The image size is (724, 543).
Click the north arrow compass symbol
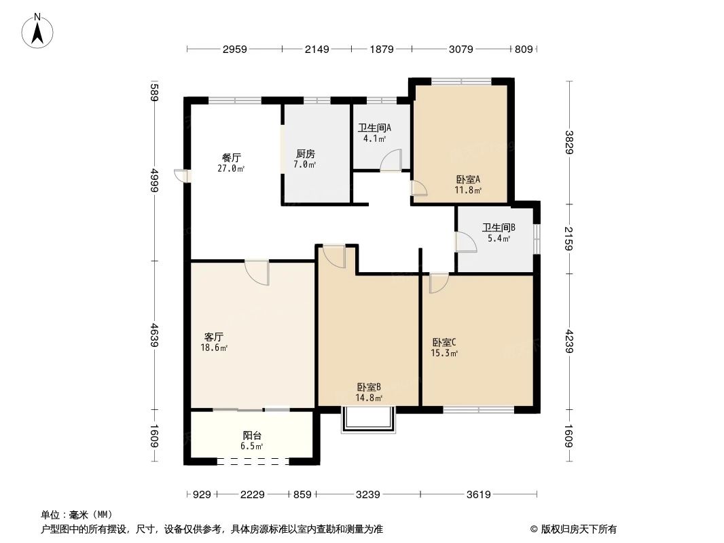(x=37, y=31)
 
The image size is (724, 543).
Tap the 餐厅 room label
(x=232, y=157)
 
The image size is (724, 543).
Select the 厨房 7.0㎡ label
(x=305, y=159)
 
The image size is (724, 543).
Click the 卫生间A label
(x=374, y=128)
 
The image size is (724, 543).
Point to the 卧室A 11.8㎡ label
(x=468, y=185)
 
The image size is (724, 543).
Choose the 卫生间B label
(x=499, y=227)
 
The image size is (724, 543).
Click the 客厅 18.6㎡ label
(x=214, y=342)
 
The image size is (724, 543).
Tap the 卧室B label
(x=369, y=387)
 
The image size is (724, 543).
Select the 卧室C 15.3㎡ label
(x=444, y=348)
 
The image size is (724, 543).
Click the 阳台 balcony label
(x=252, y=435)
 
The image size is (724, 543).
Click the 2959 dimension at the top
(x=234, y=49)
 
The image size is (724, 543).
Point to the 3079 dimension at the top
(x=460, y=49)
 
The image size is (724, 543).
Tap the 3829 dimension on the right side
(x=568, y=143)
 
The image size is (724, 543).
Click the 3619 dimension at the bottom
(x=478, y=495)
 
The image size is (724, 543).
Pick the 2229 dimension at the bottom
(x=253, y=495)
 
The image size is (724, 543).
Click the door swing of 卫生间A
(x=391, y=160)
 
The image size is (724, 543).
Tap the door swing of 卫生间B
(x=465, y=241)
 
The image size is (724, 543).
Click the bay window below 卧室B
(x=369, y=419)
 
